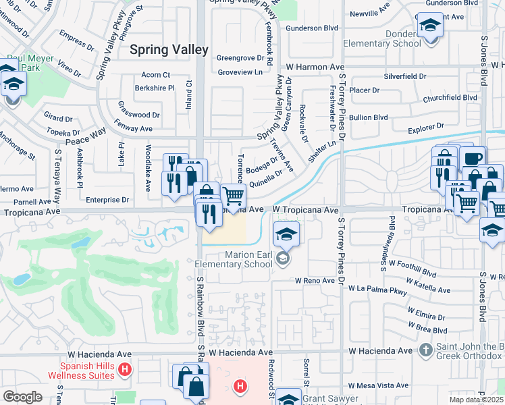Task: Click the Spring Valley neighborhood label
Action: click(169, 49)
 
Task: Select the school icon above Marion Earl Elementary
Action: click(286, 235)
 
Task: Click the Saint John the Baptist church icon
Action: click(425, 350)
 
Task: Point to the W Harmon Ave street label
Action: click(315, 67)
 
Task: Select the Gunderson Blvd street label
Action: click(311, 29)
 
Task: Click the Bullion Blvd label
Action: click(369, 117)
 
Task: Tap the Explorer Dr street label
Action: click(426, 126)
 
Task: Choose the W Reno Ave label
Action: click(315, 280)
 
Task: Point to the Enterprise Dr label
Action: click(108, 200)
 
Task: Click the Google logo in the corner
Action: click(22, 396)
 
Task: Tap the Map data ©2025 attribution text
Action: click(477, 400)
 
